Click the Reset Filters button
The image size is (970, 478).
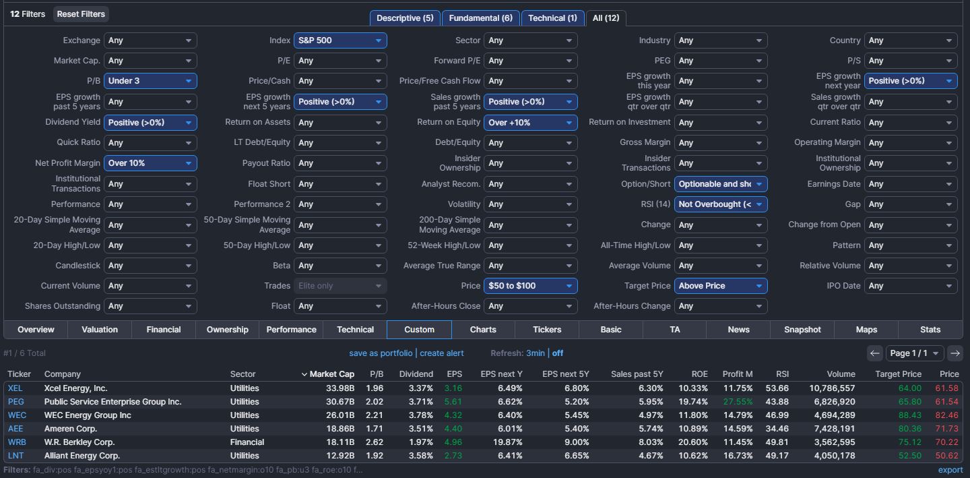(x=81, y=14)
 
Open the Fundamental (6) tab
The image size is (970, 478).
(x=481, y=18)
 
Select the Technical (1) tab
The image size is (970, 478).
(x=552, y=18)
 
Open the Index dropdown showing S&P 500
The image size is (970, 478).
(x=340, y=40)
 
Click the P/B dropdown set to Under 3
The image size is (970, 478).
(x=150, y=81)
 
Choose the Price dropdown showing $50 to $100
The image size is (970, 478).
(x=531, y=286)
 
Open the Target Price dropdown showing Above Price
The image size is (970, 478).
(x=721, y=286)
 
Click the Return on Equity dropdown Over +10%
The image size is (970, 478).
(x=531, y=123)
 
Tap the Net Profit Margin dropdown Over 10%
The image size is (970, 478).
(x=150, y=163)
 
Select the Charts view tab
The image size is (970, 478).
(x=483, y=330)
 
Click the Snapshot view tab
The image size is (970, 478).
(x=802, y=330)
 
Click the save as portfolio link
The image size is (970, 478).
(x=381, y=353)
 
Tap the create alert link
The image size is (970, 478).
(x=442, y=353)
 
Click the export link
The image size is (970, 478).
(x=950, y=470)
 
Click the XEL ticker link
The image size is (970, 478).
(x=15, y=388)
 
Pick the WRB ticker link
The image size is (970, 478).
(x=17, y=442)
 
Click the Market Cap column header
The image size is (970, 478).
(x=331, y=374)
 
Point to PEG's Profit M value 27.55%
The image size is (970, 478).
(x=738, y=402)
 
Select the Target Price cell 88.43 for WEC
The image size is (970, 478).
(x=910, y=415)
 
